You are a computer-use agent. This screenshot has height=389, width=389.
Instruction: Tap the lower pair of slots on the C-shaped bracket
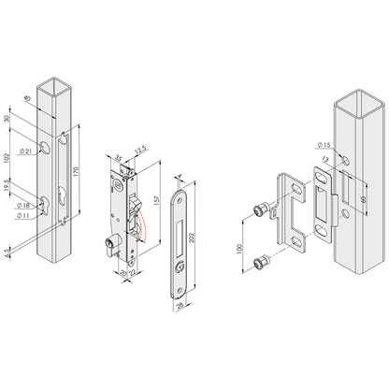[x=297, y=240]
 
